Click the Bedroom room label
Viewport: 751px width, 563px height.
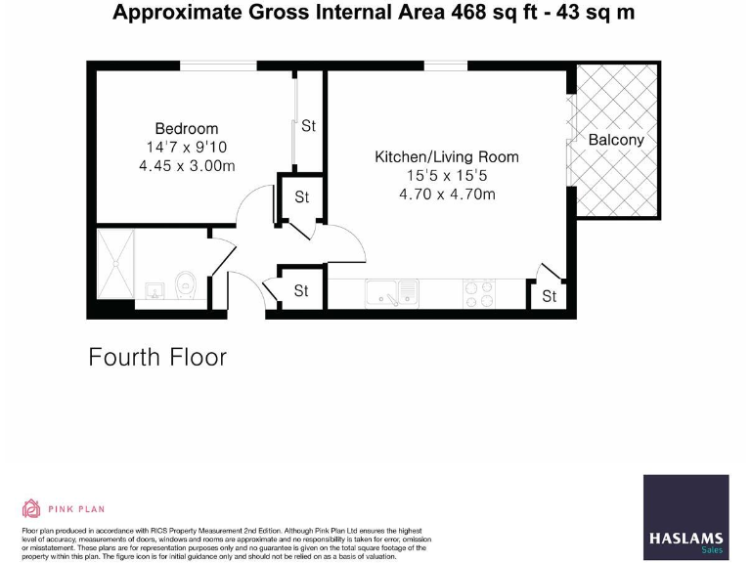187,128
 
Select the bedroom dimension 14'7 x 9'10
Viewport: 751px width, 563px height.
187,147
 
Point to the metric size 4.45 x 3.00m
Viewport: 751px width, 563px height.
187,165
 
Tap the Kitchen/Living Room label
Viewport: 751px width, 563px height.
447,156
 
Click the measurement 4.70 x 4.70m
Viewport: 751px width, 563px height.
447,194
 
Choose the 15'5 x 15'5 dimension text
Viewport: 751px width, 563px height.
447,175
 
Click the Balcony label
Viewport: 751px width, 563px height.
616,140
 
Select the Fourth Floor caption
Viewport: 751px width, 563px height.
157,357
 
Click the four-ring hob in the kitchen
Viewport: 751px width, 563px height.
479,293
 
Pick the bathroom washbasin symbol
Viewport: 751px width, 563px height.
154,290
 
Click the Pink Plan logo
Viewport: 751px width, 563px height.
64,508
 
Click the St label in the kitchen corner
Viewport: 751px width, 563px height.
549,296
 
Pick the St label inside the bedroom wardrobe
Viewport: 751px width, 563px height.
308,126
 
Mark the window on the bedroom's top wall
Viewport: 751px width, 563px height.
218,66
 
